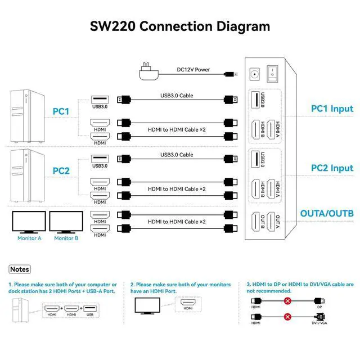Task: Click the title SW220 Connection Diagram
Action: [180, 26]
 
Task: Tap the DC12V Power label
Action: [193, 70]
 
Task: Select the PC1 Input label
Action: [332, 109]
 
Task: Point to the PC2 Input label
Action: [332, 168]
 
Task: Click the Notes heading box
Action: [20, 269]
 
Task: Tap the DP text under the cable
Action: [319, 307]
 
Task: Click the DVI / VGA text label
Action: [318, 323]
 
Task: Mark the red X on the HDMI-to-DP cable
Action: [287, 301]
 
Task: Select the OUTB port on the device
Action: [258, 223]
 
